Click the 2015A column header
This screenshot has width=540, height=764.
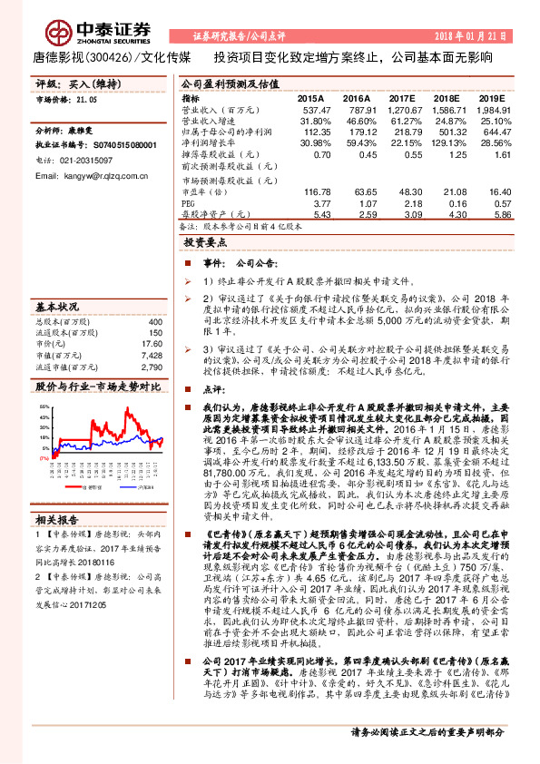coord(310,97)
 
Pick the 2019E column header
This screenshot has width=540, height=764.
coord(491,97)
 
